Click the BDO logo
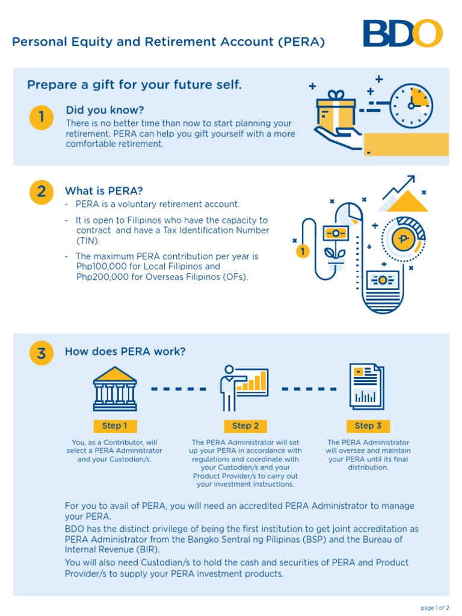[x=402, y=34]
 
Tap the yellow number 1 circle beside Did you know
[x=41, y=118]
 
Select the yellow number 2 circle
[x=41, y=191]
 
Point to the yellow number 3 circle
[x=41, y=354]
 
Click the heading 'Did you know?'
[x=105, y=110]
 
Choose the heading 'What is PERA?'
[x=103, y=191]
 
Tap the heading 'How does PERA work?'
[x=125, y=352]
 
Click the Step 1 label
[x=114, y=426]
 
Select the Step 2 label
[x=245, y=426]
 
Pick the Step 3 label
[x=368, y=426]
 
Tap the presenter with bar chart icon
[x=243, y=384]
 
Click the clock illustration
[x=411, y=105]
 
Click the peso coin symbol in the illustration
[x=402, y=240]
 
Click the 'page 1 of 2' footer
[x=434, y=608]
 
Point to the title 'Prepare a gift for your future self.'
[x=134, y=85]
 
